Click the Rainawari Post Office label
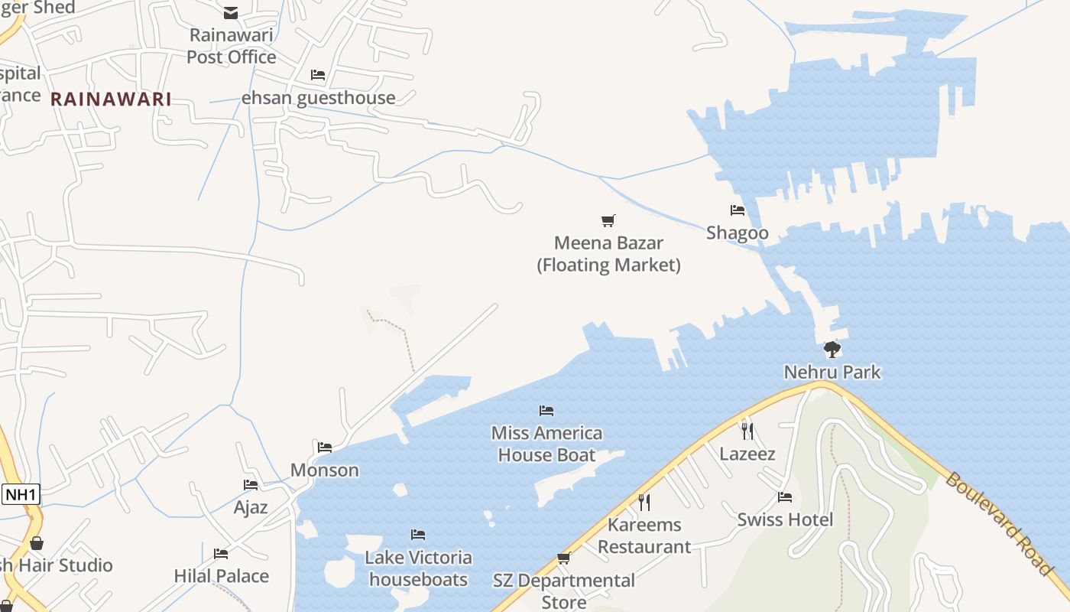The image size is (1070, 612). click(x=231, y=46)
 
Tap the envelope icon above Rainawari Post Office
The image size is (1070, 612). click(x=231, y=12)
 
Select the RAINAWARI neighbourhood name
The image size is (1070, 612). click(x=111, y=99)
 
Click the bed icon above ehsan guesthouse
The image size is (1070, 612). click(x=318, y=75)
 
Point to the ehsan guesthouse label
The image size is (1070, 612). click(x=318, y=98)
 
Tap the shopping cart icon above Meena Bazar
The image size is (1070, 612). click(x=608, y=221)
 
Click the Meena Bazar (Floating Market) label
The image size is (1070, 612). click(x=608, y=254)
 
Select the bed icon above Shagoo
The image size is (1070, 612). click(x=738, y=210)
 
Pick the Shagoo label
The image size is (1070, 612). click(x=738, y=233)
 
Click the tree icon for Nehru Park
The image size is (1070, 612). click(x=832, y=350)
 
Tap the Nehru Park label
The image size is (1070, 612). click(x=832, y=373)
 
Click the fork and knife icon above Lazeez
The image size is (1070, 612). click(x=747, y=431)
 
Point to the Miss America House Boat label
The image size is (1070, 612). click(x=546, y=444)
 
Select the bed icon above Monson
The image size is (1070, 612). click(x=325, y=447)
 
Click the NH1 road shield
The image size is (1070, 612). click(x=21, y=494)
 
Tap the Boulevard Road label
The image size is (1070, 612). click(x=998, y=523)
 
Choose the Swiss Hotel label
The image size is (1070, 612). click(x=785, y=520)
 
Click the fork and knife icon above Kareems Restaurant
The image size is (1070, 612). click(x=644, y=502)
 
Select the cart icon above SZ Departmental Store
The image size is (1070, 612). click(x=564, y=558)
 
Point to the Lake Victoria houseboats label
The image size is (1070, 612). click(x=418, y=568)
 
